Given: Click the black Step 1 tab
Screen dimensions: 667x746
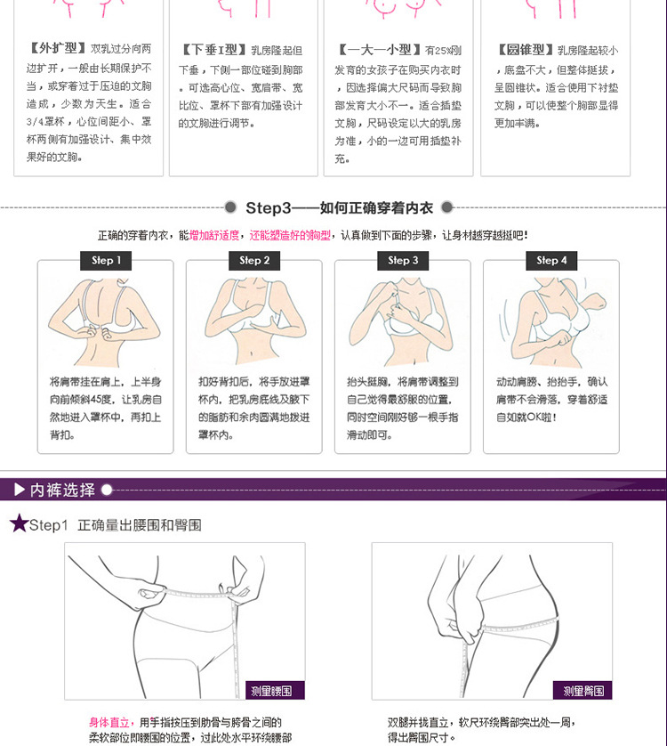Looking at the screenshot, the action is click(x=106, y=260).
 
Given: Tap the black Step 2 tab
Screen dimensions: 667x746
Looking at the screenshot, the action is click(x=254, y=260).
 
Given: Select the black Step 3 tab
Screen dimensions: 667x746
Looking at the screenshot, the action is click(x=403, y=260).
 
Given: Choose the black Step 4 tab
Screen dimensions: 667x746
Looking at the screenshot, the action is click(x=551, y=260).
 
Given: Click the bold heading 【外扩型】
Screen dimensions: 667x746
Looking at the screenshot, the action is click(x=58, y=48).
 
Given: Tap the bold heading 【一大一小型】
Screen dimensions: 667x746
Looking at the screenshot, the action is click(x=380, y=50).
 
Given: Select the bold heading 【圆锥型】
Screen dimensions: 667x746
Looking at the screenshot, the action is click(x=526, y=50).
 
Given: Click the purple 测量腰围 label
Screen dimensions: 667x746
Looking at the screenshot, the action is click(x=275, y=690).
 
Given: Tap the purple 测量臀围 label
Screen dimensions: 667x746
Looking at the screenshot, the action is click(x=583, y=690).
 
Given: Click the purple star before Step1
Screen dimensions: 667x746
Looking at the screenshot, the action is click(x=19, y=523).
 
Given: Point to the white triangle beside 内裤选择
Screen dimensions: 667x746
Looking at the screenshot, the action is click(x=20, y=489).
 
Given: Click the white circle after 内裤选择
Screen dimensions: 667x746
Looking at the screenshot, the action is click(x=107, y=490).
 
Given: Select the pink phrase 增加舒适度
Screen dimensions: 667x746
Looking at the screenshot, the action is click(x=214, y=235).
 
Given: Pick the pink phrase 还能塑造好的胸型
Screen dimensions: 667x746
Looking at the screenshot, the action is click(x=290, y=235).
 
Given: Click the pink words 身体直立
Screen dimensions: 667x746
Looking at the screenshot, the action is click(x=108, y=722).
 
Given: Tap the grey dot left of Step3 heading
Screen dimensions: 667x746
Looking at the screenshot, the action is click(x=230, y=207).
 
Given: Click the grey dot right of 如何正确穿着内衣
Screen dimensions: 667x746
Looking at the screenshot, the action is click(x=446, y=207).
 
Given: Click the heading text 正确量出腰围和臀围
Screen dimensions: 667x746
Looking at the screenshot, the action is click(x=140, y=525).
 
